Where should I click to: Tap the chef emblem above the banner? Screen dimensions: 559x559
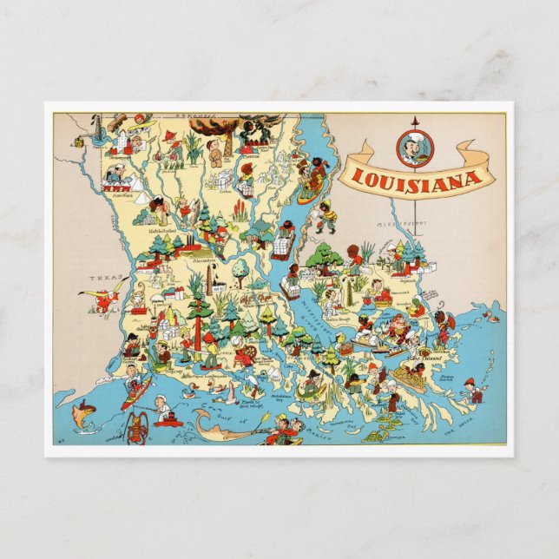(x=415, y=148)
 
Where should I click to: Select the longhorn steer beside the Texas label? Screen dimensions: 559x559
(x=107, y=299)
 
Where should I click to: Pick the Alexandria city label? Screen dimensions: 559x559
(x=204, y=260)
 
